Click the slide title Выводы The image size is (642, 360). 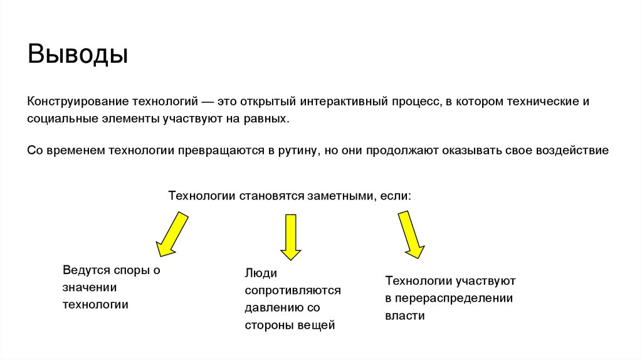[78, 55]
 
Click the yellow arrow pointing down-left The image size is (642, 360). [172, 233]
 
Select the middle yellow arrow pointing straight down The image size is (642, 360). [290, 236]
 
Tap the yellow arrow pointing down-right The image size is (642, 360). [410, 234]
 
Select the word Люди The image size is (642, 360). [261, 273]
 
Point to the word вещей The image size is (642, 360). [316, 326]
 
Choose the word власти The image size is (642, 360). [405, 316]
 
